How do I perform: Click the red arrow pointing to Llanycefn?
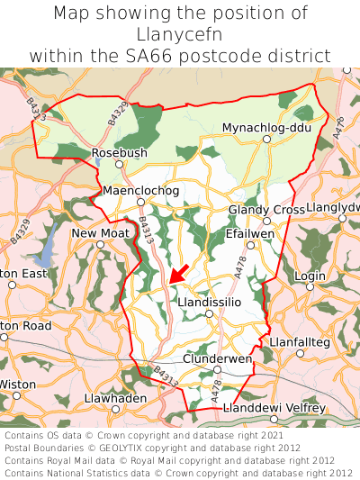coord(178,275)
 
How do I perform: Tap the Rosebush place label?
coord(120,153)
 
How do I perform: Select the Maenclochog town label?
coord(141,191)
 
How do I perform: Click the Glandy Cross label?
coord(267,210)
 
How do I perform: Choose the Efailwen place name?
coord(249,232)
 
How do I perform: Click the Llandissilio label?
coord(210,303)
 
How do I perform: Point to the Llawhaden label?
coord(114,397)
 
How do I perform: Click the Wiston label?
coord(17,384)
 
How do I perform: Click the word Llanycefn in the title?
coord(179,34)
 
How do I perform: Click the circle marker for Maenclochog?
coord(140,202)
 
